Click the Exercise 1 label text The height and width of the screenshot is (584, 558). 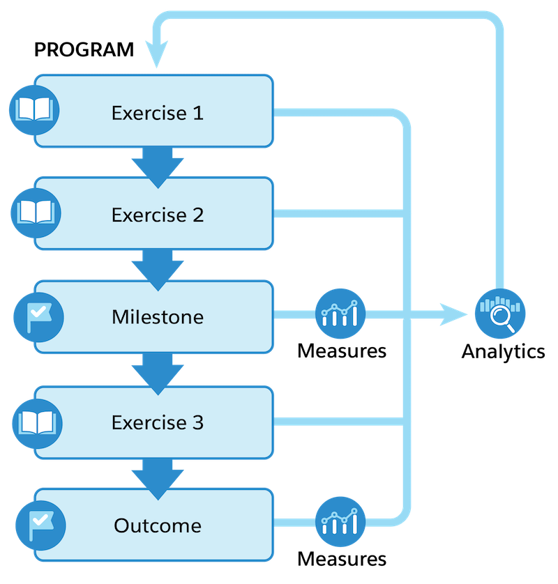click(157, 113)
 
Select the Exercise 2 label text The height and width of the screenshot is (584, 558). click(157, 215)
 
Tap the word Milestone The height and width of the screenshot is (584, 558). click(157, 317)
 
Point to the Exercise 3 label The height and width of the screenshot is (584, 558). click(157, 422)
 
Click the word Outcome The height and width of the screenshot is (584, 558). click(157, 525)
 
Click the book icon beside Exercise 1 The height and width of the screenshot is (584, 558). click(33, 110)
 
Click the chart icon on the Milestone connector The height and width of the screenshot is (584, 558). click(340, 316)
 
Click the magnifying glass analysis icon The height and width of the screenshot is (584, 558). click(499, 314)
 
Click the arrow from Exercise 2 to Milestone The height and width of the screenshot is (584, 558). click(157, 268)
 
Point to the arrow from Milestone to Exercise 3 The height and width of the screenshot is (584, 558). click(157, 373)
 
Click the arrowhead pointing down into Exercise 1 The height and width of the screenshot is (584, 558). click(157, 56)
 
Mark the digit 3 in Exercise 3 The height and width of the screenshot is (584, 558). click(198, 422)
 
